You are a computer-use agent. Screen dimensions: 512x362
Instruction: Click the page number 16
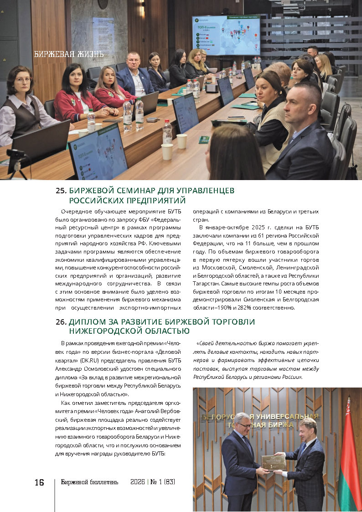click(x=39, y=482)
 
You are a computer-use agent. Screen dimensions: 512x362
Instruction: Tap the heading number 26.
click(x=62, y=322)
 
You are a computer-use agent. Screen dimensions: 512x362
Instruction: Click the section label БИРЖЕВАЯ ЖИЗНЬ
click(x=69, y=54)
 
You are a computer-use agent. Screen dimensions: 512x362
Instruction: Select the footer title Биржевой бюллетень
click(x=89, y=482)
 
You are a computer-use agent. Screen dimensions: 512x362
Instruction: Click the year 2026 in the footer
click(x=137, y=482)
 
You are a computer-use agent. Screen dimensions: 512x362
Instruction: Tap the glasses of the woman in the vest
click(x=22, y=79)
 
